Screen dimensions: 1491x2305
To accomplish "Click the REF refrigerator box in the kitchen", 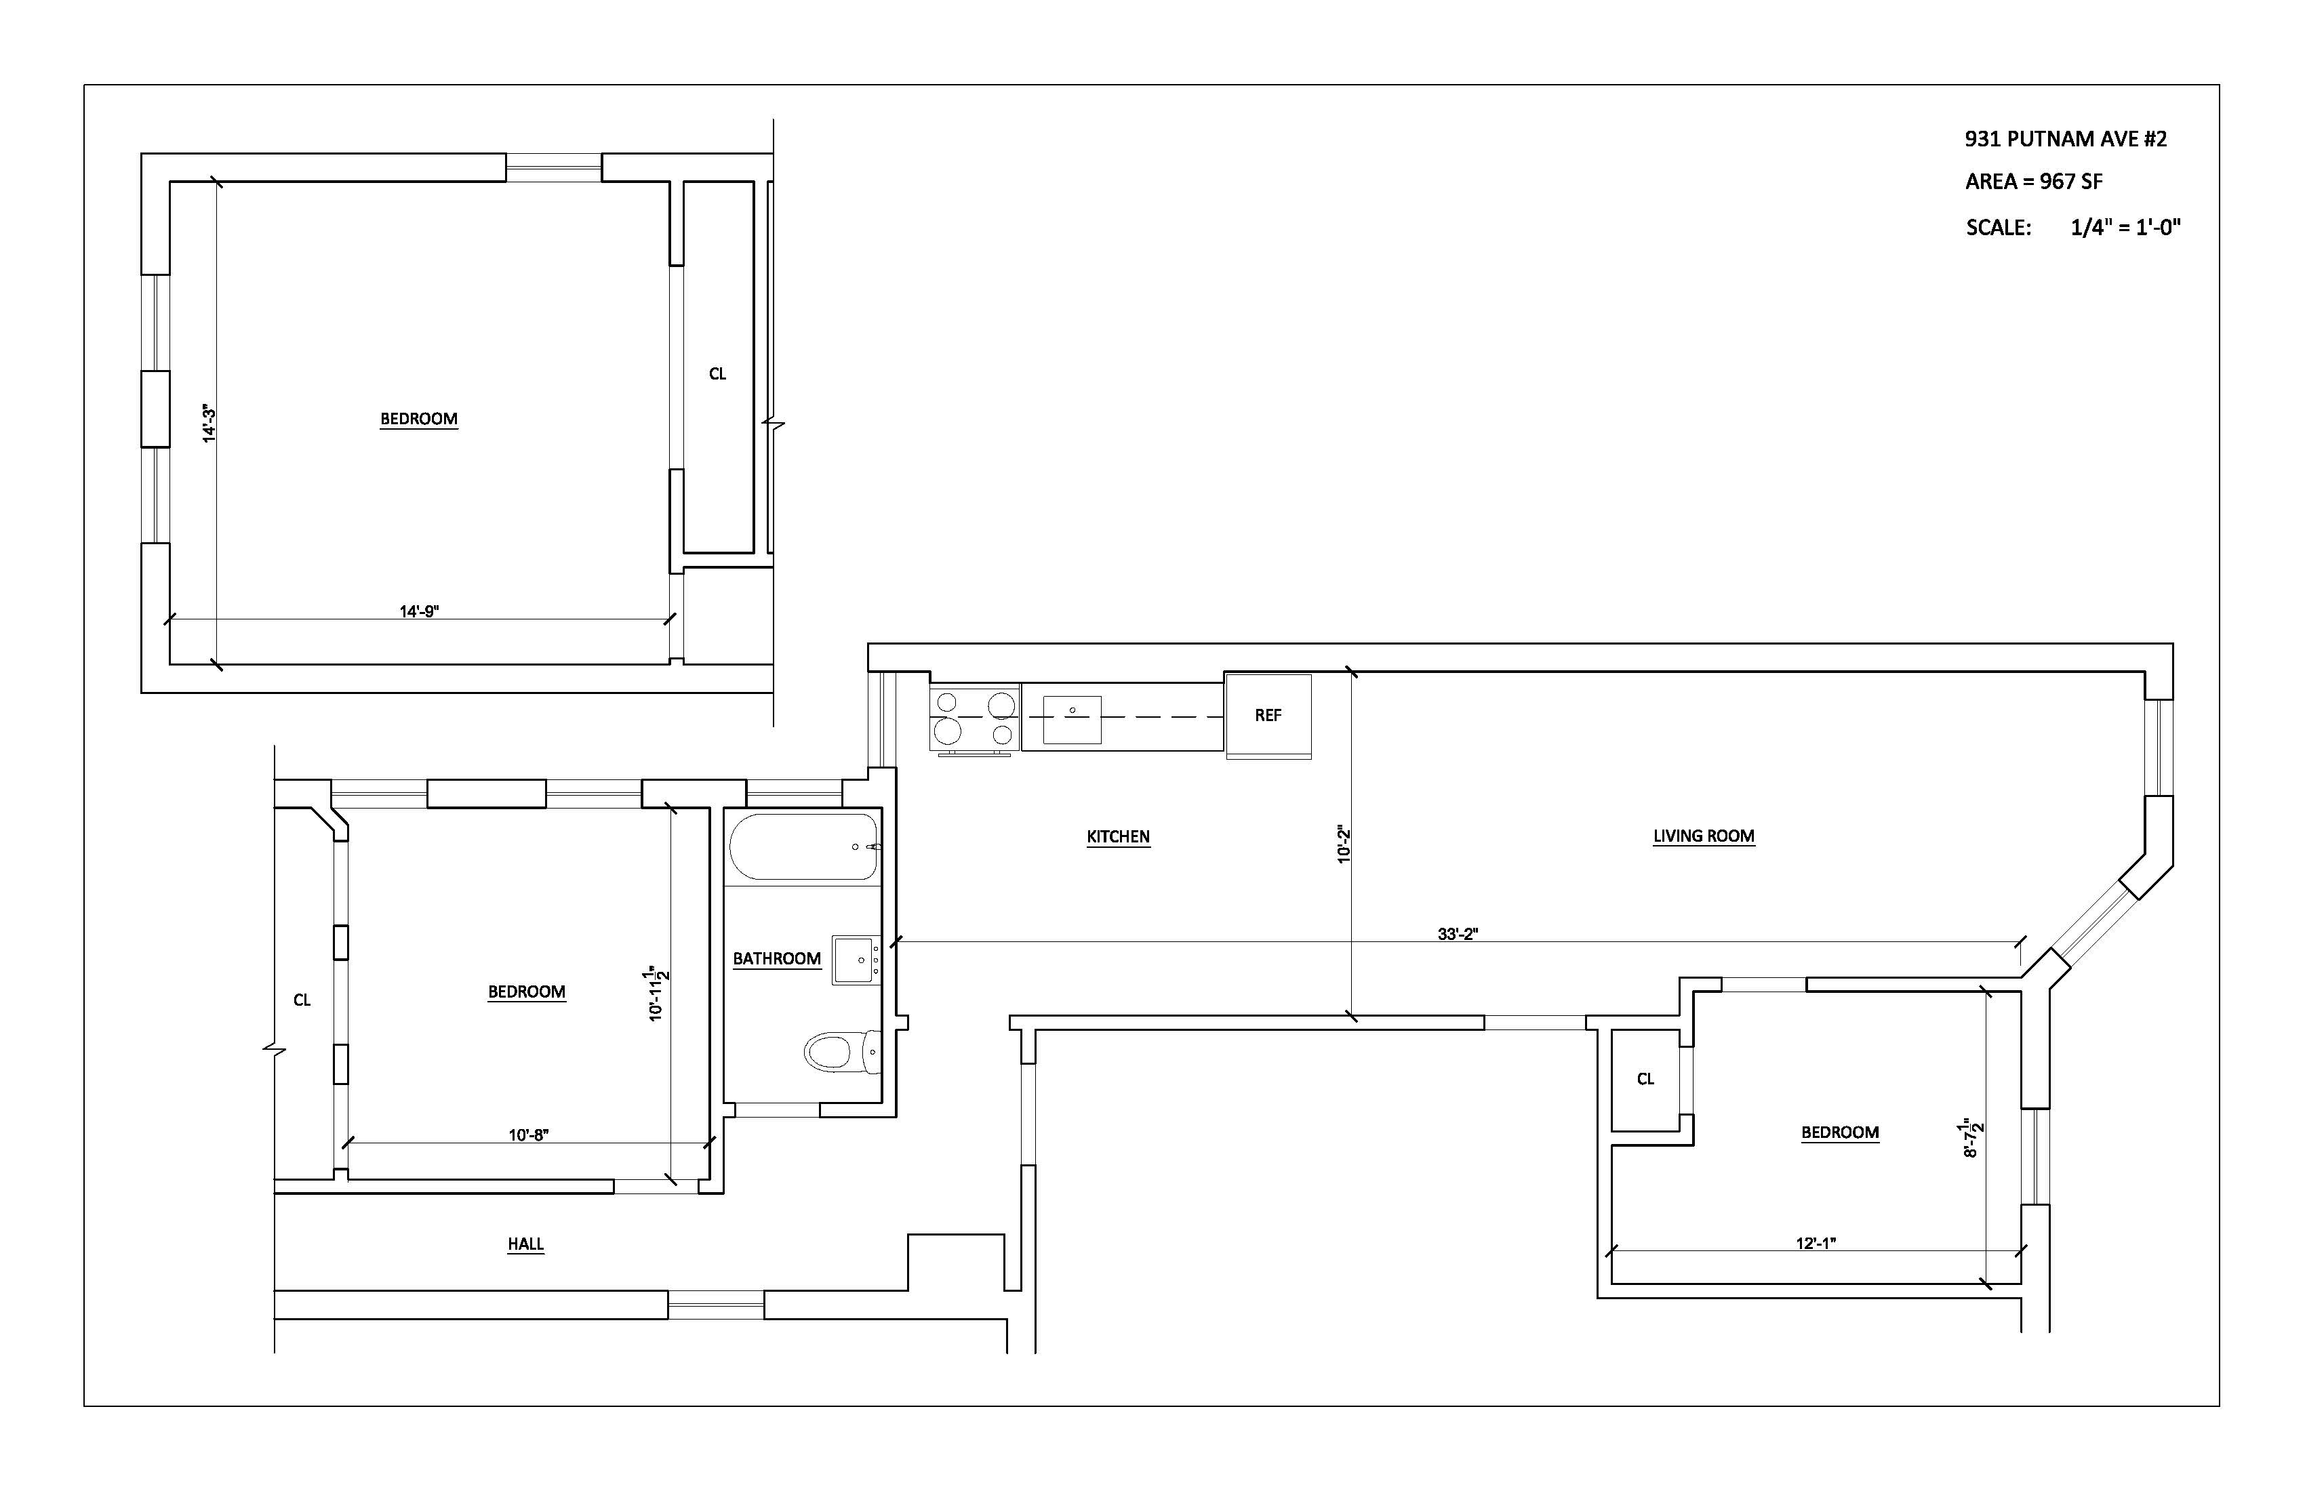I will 1268,716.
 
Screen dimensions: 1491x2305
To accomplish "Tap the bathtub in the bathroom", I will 803,846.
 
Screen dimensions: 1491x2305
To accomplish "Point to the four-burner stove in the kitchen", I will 974,718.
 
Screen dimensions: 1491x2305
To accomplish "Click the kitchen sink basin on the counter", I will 1071,719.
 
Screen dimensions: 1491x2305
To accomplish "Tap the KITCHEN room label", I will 1118,836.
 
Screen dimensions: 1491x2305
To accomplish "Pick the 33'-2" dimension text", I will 1458,935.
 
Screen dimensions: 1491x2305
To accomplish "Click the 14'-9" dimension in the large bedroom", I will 420,611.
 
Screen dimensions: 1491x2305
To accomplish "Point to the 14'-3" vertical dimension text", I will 208,424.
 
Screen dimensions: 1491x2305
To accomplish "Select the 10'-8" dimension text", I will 529,1135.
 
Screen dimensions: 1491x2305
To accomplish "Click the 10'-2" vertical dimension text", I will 1343,844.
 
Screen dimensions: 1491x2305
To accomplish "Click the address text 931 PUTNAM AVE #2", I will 2065,138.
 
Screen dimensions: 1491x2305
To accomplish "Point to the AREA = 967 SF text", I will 2033,181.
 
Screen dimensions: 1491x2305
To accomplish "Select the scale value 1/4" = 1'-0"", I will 2125,228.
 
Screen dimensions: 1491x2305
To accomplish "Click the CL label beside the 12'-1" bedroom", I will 1645,1078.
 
